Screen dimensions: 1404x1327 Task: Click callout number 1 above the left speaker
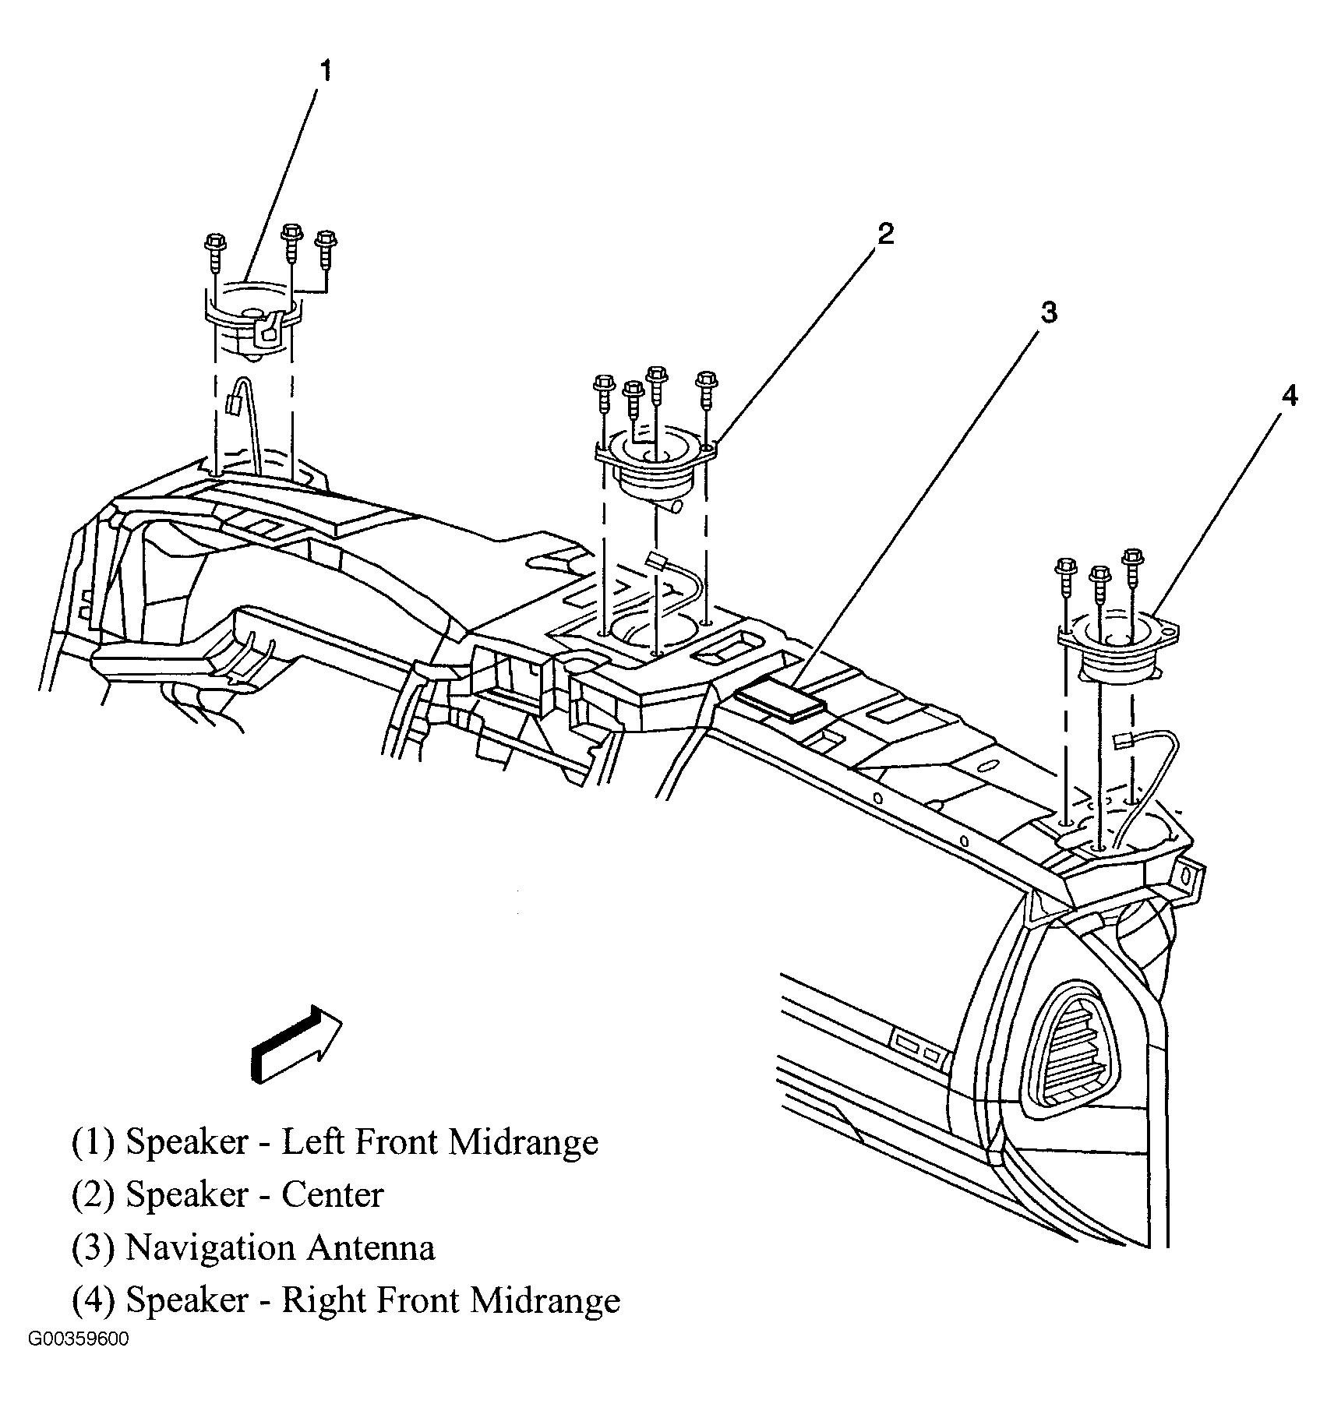click(x=326, y=72)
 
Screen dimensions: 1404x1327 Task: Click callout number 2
click(x=885, y=234)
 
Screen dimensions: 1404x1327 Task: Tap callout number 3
click(x=1048, y=313)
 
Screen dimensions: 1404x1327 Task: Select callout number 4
click(x=1289, y=397)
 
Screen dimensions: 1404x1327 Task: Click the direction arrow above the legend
click(x=297, y=1044)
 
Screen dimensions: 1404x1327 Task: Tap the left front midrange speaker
click(x=252, y=319)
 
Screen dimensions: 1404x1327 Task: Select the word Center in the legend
click(x=332, y=1194)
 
